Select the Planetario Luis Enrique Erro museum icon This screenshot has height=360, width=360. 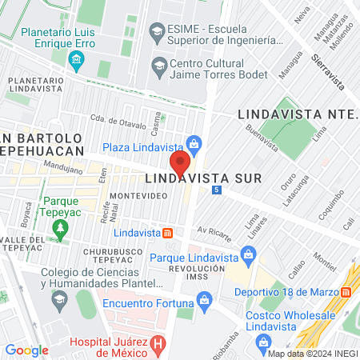pos(77,58)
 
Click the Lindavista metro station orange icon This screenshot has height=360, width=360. pos(167,233)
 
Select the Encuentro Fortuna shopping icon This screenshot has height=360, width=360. pos(204,300)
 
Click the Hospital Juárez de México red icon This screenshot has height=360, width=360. pos(158,346)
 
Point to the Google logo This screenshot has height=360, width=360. pos(27,350)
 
